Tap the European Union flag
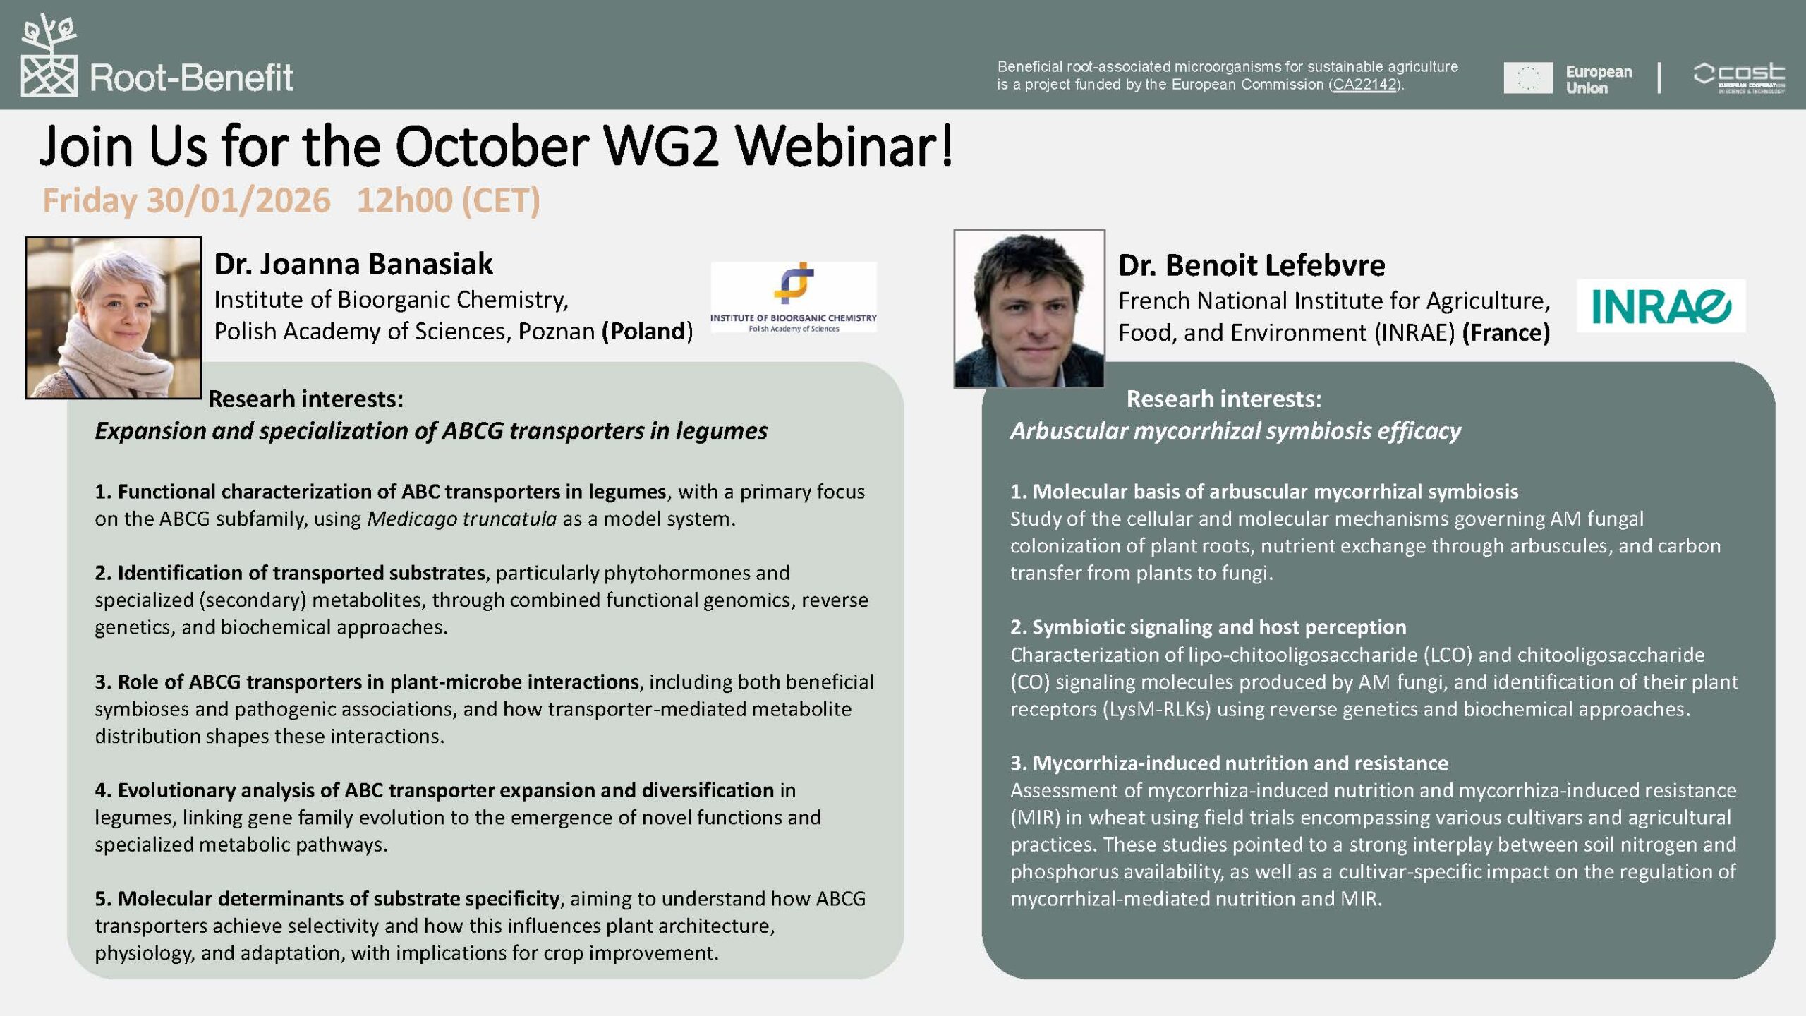(1527, 78)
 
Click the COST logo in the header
(1739, 78)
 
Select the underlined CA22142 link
(1364, 85)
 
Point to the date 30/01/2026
(238, 200)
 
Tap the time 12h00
(404, 200)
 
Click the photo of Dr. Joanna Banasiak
(114, 317)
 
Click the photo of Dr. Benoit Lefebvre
(1029, 308)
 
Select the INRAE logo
(1661, 306)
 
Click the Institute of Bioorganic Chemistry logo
(794, 297)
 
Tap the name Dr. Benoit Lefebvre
(1252, 265)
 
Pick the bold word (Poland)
(647, 332)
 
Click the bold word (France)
(1506, 333)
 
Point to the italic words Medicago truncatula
(462, 519)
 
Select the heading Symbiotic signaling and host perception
(1219, 627)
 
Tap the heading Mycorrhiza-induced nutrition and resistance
(1240, 763)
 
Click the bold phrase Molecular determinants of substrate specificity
(339, 899)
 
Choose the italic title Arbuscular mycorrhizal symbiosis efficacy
(1235, 431)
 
